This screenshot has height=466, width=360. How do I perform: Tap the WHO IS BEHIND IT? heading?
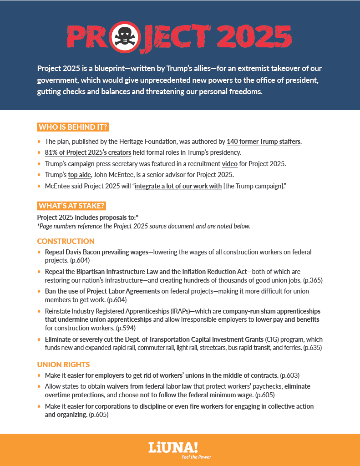(x=73, y=127)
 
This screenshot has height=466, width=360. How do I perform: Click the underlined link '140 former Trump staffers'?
(x=264, y=142)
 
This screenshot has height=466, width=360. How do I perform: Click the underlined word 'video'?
(x=230, y=163)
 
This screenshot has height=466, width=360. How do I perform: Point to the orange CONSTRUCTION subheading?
(x=66, y=241)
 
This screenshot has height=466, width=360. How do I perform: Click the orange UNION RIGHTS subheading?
(x=64, y=365)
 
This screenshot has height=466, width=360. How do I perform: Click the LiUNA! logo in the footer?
(x=173, y=447)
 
